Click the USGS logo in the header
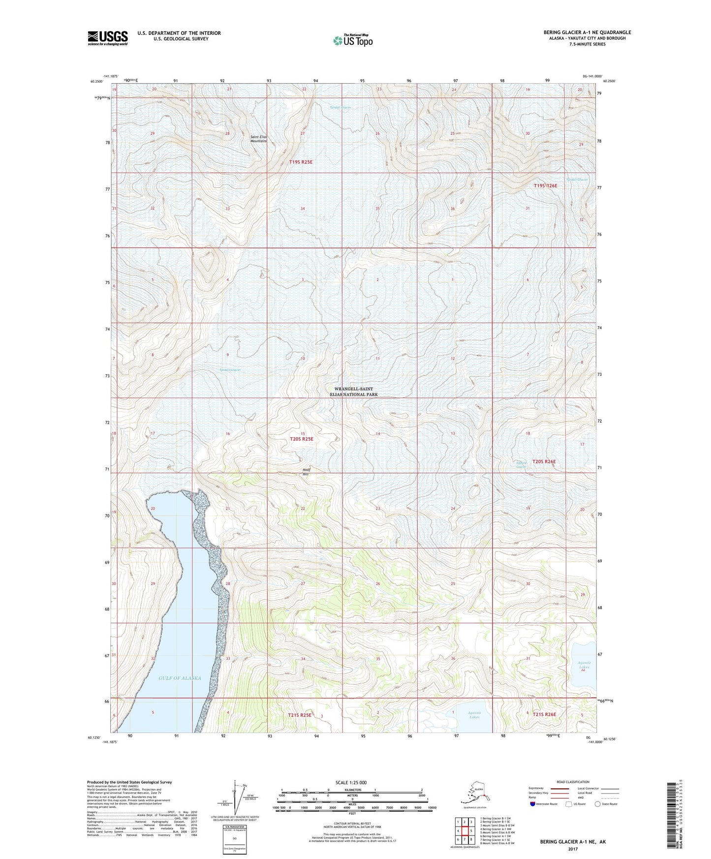point(108,38)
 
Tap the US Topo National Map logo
point(352,40)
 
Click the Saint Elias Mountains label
point(258,139)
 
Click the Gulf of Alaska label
point(180,678)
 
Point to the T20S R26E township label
point(544,461)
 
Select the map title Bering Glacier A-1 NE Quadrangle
point(585,32)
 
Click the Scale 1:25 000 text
point(351,782)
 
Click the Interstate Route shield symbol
point(533,804)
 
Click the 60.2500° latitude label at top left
point(97,82)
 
